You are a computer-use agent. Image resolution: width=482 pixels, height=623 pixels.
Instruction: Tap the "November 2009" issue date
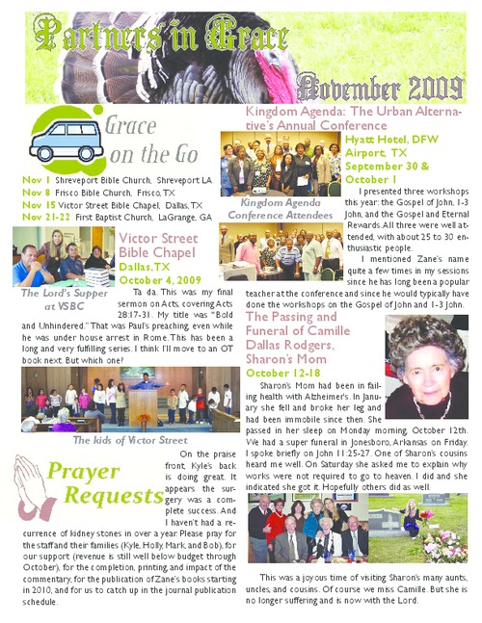click(382, 91)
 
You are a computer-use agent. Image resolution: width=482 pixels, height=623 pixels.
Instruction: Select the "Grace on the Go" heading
click(151, 141)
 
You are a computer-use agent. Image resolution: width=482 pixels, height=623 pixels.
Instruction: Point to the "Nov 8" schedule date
click(34, 194)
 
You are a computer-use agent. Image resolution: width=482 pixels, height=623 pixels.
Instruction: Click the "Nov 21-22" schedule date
click(41, 218)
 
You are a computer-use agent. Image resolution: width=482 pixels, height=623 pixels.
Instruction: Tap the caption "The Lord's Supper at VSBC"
click(52, 299)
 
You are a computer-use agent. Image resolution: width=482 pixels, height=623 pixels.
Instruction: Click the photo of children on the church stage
click(129, 397)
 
